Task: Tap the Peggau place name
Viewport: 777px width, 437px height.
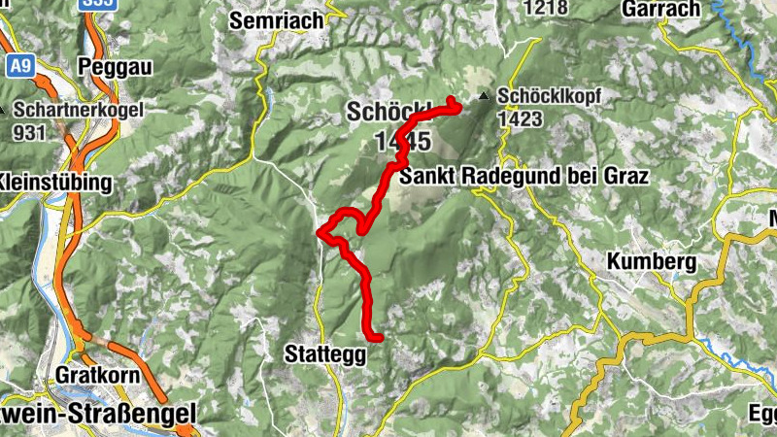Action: [x=121, y=71]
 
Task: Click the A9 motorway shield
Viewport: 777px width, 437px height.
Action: [x=19, y=66]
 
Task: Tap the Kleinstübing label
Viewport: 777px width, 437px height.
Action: [x=54, y=182]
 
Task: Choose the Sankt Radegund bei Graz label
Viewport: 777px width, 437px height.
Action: [x=523, y=176]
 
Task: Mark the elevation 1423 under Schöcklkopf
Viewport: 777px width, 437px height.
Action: [x=518, y=117]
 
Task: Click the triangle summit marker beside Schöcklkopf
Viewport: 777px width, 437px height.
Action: [x=485, y=96]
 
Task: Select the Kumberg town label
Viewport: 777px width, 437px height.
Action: [x=652, y=261]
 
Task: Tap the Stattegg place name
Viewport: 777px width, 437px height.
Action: [x=326, y=354]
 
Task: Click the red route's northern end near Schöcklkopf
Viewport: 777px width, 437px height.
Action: [x=453, y=101]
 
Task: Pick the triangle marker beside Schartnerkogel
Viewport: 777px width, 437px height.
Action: [x=4, y=110]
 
